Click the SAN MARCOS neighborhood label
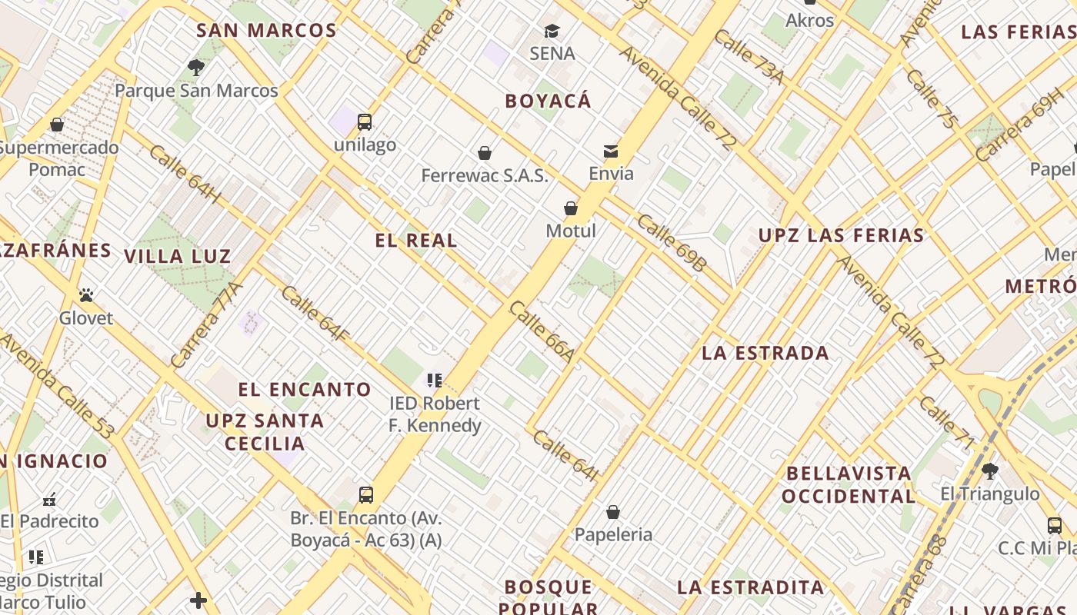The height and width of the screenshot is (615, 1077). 266,31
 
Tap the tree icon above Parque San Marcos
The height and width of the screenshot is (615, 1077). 196,68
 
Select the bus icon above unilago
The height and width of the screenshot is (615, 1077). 365,121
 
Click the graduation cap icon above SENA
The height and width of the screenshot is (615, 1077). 552,32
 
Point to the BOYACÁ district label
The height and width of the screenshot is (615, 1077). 549,101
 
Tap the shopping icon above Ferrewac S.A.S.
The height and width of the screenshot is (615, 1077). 485,153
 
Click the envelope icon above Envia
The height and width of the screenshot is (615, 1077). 611,151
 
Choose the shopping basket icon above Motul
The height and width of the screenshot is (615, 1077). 571,208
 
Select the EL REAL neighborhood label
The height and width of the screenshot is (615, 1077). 416,241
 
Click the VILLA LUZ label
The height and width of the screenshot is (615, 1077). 178,257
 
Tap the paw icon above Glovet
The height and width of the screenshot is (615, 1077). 86,295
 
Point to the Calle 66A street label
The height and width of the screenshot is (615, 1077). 542,332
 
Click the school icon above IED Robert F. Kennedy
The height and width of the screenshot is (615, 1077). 435,380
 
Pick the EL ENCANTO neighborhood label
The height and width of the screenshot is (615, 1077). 305,390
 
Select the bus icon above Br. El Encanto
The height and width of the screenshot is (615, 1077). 366,494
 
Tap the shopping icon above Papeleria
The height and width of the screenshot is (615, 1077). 613,512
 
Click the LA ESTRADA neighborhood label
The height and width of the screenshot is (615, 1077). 765,354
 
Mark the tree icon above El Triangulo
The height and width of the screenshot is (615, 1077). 990,470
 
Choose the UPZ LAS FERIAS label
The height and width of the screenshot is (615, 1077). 841,236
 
